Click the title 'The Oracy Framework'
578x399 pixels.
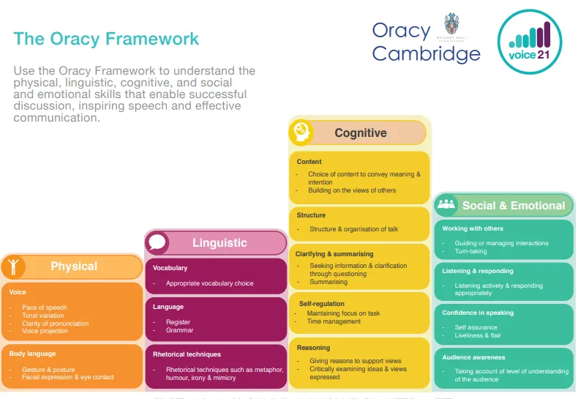(106, 39)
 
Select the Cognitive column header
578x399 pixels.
(360, 133)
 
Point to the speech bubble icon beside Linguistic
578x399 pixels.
(157, 242)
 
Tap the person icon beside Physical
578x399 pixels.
(12, 266)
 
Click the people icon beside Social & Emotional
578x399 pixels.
(446, 206)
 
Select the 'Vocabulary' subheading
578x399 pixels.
(170, 268)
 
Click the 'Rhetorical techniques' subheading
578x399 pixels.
(187, 354)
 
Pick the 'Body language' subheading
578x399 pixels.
(32, 354)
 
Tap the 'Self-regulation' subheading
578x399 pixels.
(321, 303)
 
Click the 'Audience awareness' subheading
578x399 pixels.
(473, 357)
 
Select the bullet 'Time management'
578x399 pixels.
(334, 321)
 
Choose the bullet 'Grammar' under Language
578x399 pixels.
(179, 330)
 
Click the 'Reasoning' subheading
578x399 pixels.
(313, 348)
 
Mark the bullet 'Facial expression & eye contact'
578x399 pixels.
(68, 377)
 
